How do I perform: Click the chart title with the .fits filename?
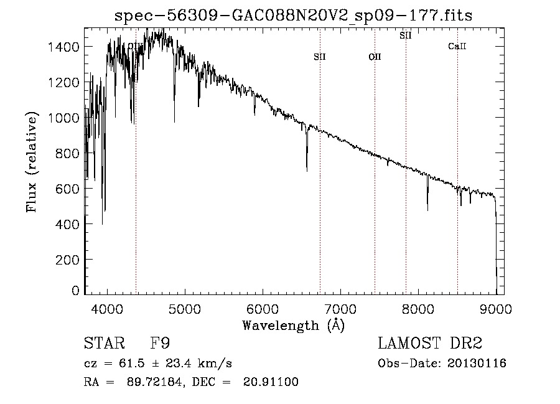click(x=293, y=16)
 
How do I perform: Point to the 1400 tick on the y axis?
click(x=65, y=47)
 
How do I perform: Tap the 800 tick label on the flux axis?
click(x=68, y=153)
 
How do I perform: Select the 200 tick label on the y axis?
click(x=68, y=260)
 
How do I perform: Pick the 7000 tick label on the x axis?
click(x=341, y=309)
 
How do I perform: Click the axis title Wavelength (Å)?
click(x=293, y=325)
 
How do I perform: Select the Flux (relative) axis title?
click(x=32, y=162)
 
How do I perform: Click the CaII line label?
click(x=457, y=46)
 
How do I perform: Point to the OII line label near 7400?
click(x=375, y=57)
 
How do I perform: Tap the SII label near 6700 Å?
click(x=320, y=57)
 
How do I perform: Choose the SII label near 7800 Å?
click(x=406, y=35)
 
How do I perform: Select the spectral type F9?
click(x=160, y=344)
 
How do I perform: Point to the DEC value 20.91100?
click(x=271, y=382)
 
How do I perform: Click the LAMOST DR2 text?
click(x=429, y=344)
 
